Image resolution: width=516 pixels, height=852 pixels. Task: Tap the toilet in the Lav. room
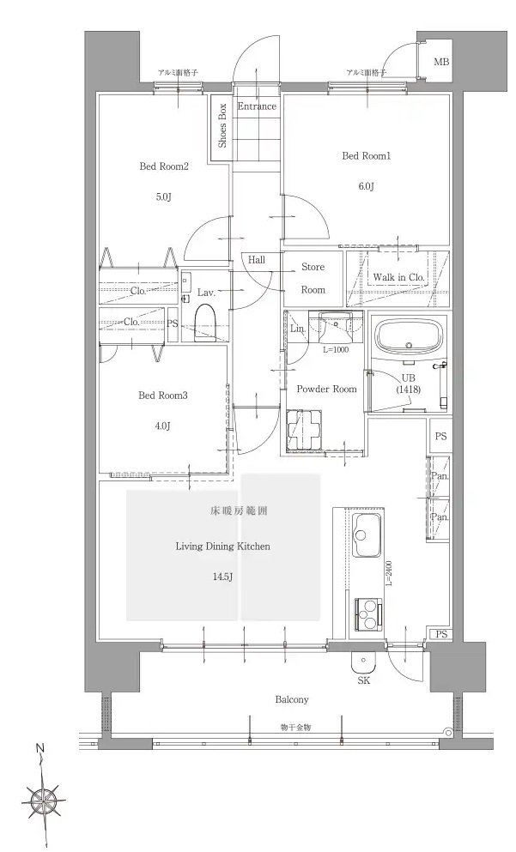coord(206,322)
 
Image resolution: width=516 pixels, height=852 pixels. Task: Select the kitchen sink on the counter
coord(367,535)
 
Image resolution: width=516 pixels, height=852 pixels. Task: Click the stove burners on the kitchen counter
coord(368,614)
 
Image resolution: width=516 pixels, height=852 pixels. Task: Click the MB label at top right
coord(441,62)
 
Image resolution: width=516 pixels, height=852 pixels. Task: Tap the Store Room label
coord(313,278)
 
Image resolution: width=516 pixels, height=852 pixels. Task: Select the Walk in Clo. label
coord(398,277)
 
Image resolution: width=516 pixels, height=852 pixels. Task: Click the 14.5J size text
coord(223,577)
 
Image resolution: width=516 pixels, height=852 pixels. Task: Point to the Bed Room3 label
coord(163,396)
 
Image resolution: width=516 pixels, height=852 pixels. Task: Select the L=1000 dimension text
coord(336,350)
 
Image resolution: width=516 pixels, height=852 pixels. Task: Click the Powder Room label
coord(327,389)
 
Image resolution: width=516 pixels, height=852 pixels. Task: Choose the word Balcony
coord(291,700)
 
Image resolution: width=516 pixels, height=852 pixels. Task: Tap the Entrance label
coord(257,106)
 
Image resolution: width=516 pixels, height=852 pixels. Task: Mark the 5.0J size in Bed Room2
coord(164,197)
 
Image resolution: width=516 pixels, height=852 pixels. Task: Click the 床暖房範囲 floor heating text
coord(239,511)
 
